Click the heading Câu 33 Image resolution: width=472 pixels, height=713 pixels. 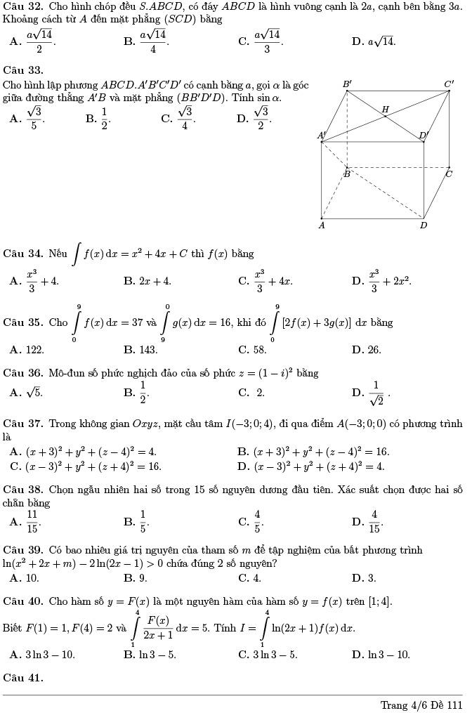(23, 70)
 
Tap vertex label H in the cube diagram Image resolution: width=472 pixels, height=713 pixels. (385, 109)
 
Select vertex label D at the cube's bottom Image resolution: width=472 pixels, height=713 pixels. (424, 225)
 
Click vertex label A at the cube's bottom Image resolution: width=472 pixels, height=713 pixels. (322, 225)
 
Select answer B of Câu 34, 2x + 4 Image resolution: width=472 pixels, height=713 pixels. (147, 281)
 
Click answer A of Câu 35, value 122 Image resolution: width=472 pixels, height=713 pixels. (27, 349)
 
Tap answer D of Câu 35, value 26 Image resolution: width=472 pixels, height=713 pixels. (367, 349)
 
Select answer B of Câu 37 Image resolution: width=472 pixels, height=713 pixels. (313, 452)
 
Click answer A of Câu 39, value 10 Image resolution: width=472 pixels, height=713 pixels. (25, 578)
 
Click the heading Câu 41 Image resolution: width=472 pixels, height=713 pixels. (23, 678)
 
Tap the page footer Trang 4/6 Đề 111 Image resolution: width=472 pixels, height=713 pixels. (421, 705)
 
